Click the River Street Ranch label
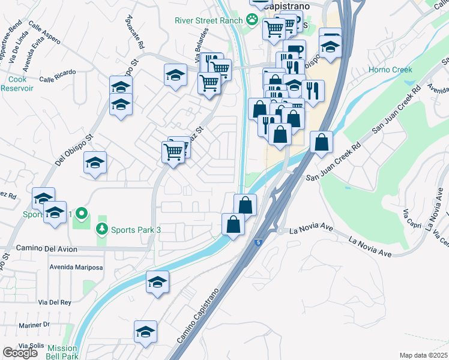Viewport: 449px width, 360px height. [208, 20]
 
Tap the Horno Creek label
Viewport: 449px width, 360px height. [390, 70]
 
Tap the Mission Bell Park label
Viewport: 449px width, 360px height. [62, 352]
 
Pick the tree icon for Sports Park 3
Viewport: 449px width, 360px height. [102, 229]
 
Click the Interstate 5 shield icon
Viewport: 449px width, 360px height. [258, 242]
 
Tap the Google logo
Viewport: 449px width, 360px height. [20, 353]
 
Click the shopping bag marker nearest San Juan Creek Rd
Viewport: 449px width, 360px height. [322, 142]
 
